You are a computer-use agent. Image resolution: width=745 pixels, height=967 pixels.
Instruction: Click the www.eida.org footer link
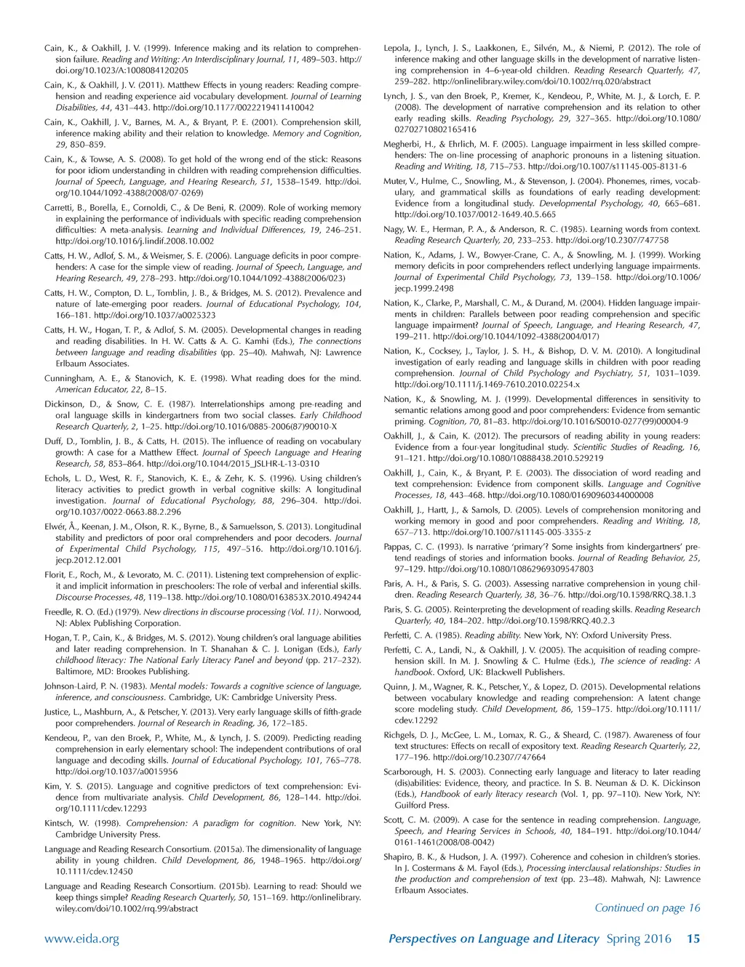pyautogui.click(x=82, y=939)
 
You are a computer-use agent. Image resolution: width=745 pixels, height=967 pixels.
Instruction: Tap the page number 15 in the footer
pyautogui.click(x=693, y=939)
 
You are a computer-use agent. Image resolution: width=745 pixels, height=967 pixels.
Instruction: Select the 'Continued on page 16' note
pyautogui.click(x=648, y=907)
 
